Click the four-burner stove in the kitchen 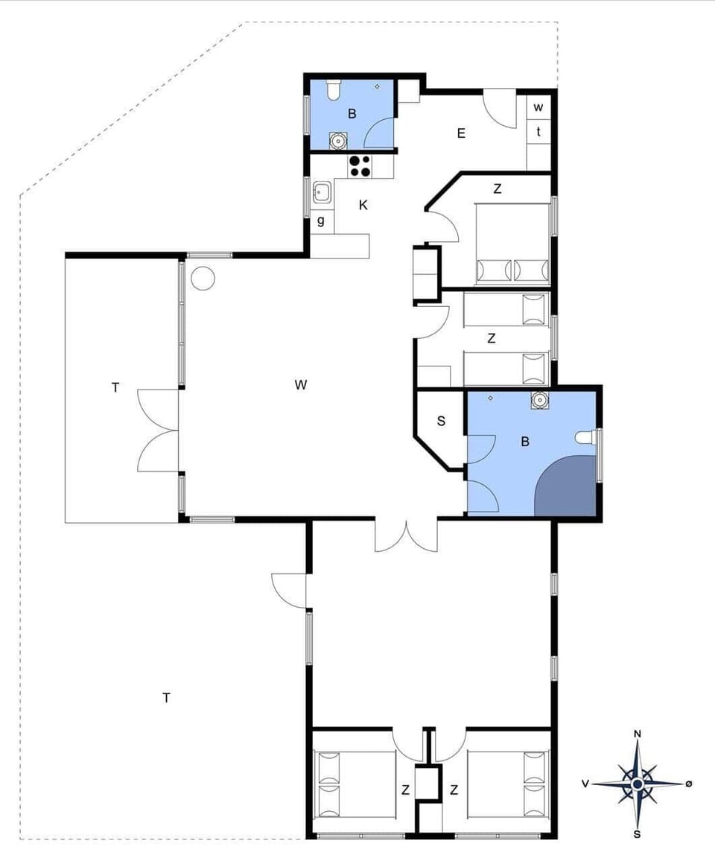[x=360, y=166]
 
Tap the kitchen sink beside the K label [x=322, y=194]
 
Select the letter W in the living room [x=301, y=385]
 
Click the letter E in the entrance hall [x=461, y=133]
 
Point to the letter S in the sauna [x=441, y=421]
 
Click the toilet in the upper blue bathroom [x=333, y=90]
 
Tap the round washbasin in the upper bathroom [x=339, y=139]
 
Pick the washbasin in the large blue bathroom [x=539, y=401]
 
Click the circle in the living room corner [x=203, y=279]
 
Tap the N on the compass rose [x=638, y=734]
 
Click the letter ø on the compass [x=689, y=784]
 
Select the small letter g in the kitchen [x=321, y=220]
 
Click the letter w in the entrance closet [x=538, y=107]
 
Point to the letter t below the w [x=538, y=132]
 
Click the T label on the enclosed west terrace [x=115, y=387]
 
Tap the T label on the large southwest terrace [x=167, y=697]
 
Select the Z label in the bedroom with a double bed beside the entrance [x=498, y=189]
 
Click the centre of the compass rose [x=638, y=784]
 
